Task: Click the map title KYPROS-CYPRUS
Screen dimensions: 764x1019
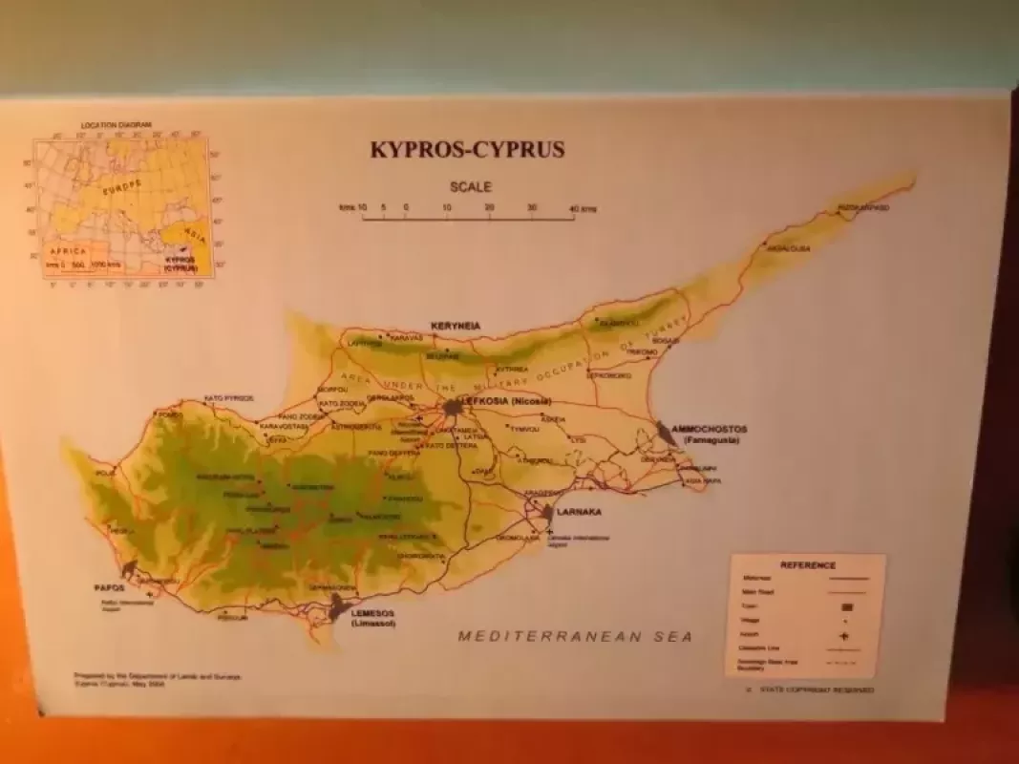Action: [x=467, y=149]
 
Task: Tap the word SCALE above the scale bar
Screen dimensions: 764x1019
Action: [x=471, y=187]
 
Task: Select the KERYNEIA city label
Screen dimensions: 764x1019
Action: [x=456, y=326]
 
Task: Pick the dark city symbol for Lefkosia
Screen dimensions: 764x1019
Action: [x=452, y=407]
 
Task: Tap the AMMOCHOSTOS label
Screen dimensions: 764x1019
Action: [x=710, y=429]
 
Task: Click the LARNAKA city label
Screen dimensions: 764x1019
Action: [x=579, y=512]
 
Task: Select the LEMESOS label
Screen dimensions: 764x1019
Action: [x=372, y=613]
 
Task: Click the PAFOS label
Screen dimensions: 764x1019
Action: [x=110, y=588]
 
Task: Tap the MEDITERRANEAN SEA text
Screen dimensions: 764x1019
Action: [x=575, y=635]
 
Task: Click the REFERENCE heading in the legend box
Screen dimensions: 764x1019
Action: [x=807, y=565]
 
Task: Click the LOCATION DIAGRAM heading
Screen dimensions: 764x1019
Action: [x=117, y=125]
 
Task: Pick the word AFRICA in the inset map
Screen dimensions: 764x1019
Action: [x=68, y=250]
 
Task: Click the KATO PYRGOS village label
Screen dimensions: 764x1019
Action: [x=229, y=397]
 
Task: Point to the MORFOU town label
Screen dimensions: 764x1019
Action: [x=331, y=390]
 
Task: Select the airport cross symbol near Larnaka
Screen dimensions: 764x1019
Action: [x=549, y=530]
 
